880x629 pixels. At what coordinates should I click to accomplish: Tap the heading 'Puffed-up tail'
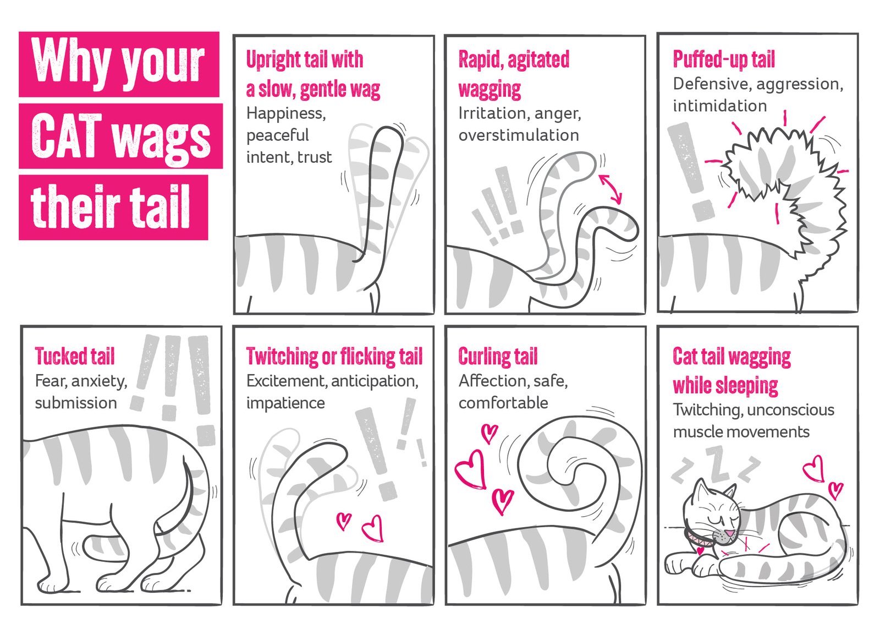tap(724, 60)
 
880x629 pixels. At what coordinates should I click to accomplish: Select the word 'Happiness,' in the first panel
tap(286, 113)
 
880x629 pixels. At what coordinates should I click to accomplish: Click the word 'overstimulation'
tap(519, 135)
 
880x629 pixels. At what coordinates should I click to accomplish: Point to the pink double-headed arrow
tap(610, 190)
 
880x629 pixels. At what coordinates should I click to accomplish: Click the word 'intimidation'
tap(720, 106)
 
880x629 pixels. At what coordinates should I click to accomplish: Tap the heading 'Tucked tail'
tap(75, 356)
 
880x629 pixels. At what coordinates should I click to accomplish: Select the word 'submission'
tap(76, 403)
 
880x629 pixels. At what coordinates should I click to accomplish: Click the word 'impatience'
tap(285, 403)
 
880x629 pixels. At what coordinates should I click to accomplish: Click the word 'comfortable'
tap(503, 403)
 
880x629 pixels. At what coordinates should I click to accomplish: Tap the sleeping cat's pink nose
tap(729, 533)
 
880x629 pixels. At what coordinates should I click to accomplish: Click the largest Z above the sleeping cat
tap(718, 463)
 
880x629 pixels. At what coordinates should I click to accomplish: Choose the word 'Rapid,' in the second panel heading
tap(481, 60)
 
